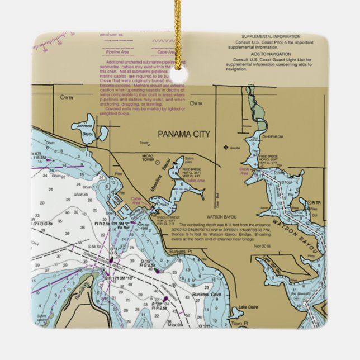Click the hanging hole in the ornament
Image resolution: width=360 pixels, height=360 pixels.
coord(179,75)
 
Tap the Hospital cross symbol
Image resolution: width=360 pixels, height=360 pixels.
coord(226,148)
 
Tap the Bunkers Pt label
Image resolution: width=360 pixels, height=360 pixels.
coord(180,252)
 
